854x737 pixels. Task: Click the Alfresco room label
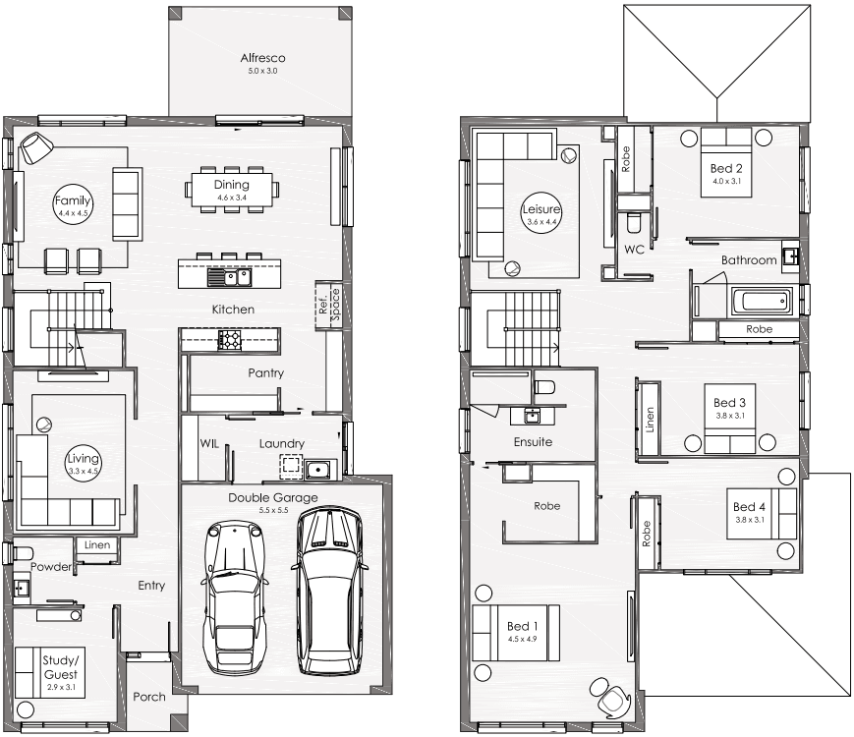(x=262, y=58)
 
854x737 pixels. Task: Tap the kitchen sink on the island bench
(x=229, y=277)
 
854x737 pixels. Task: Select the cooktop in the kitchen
(x=229, y=340)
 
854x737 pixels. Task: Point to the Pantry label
(x=265, y=373)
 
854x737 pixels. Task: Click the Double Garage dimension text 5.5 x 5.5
(x=273, y=510)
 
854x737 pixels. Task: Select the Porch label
(x=149, y=697)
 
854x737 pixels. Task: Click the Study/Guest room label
(x=61, y=667)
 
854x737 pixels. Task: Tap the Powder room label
(x=51, y=566)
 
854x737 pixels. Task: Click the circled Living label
(x=83, y=463)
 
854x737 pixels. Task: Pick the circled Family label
(x=73, y=203)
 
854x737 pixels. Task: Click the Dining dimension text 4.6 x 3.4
(x=232, y=198)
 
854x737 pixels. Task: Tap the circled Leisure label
(x=541, y=213)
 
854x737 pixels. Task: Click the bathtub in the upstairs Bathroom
(x=762, y=302)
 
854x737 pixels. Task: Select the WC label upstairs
(x=634, y=250)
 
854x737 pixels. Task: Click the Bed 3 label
(x=729, y=403)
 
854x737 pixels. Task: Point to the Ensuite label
(x=533, y=442)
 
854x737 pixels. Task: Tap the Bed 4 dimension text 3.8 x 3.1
(x=750, y=520)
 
